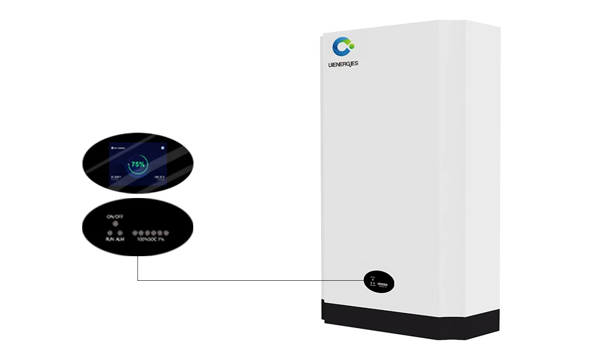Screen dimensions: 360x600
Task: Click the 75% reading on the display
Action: click(x=138, y=164)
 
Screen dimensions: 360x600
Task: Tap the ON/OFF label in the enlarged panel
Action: click(x=115, y=216)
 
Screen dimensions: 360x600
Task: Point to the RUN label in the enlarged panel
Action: click(x=110, y=239)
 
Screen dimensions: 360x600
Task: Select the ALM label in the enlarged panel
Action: click(x=120, y=239)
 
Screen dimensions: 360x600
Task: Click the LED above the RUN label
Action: click(x=110, y=232)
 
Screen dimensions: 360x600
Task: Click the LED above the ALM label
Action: click(x=120, y=232)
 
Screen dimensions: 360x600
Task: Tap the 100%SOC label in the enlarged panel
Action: click(x=146, y=239)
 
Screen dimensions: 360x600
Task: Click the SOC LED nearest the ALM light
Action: click(x=135, y=232)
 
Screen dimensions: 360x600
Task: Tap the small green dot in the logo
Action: click(x=351, y=45)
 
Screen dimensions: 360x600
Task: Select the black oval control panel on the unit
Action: click(x=379, y=281)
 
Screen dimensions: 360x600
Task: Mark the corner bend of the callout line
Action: click(x=138, y=280)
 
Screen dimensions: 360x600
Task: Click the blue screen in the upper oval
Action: click(x=138, y=163)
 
